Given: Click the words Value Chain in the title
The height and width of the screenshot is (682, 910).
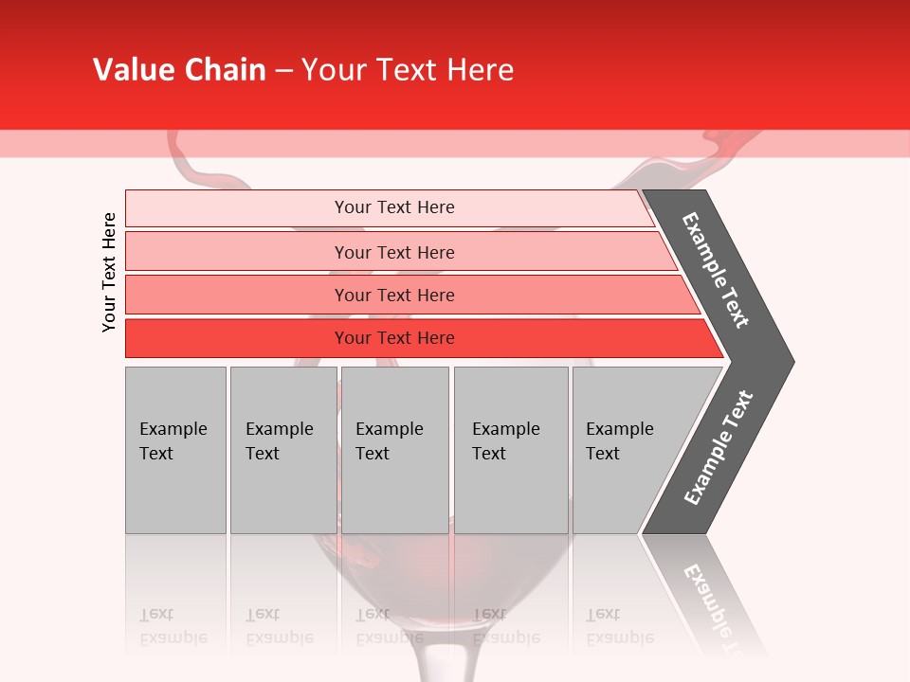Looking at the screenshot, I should [179, 70].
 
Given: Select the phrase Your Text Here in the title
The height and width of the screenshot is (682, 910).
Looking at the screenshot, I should [407, 70].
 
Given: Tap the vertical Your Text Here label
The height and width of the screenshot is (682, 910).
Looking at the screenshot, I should [109, 272].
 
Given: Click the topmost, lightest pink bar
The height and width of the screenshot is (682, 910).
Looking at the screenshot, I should [393, 207].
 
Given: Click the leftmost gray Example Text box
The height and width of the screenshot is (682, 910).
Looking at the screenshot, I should [175, 450].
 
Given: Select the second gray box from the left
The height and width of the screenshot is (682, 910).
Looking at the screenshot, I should [282, 450].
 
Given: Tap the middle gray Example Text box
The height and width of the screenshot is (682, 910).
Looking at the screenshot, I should [394, 450].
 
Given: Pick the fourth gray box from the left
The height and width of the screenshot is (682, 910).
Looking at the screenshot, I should [511, 450].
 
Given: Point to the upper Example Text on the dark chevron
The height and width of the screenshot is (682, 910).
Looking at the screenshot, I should [716, 270].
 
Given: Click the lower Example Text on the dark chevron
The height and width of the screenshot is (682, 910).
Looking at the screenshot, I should [719, 447].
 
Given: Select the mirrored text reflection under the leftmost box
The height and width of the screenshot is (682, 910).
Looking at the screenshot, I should [173, 626].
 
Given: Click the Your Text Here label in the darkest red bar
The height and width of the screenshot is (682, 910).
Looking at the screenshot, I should [394, 338].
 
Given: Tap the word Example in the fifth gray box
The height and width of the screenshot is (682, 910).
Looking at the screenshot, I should [619, 429].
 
